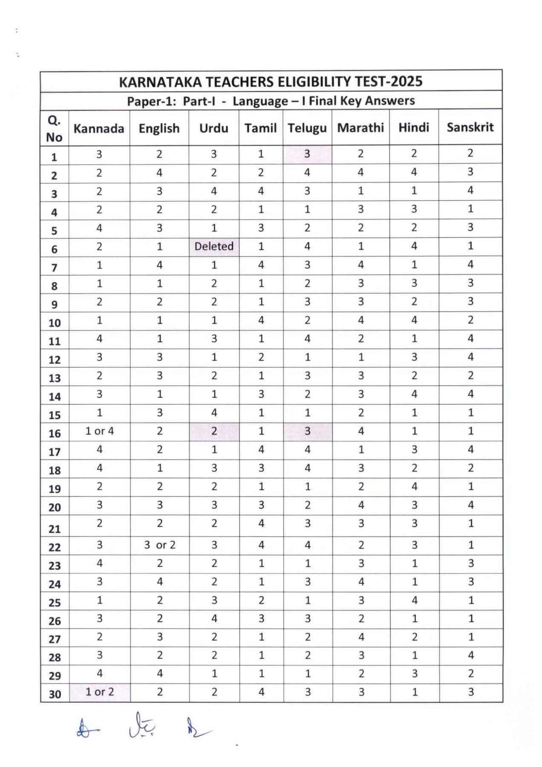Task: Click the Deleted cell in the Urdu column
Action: [x=214, y=246]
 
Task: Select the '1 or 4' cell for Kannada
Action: [x=99, y=431]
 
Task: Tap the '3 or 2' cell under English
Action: [x=160, y=545]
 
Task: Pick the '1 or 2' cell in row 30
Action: [x=100, y=692]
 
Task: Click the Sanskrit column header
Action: [x=470, y=127]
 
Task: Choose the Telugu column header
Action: [x=307, y=128]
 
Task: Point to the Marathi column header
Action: [x=360, y=127]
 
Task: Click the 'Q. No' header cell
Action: [x=54, y=129]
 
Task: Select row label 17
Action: [x=55, y=452]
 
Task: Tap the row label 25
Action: [x=55, y=603]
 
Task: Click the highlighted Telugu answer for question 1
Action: [x=307, y=153]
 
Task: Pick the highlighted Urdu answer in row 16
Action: [x=214, y=431]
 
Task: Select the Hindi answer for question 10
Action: [x=414, y=320]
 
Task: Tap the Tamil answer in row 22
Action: [x=261, y=545]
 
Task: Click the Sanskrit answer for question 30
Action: [x=471, y=692]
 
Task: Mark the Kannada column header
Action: [x=99, y=128]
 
